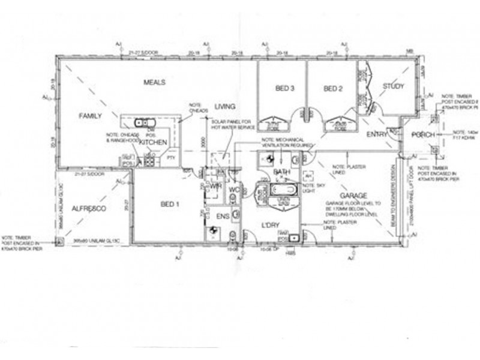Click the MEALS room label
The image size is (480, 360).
tap(154, 82)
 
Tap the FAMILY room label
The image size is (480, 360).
tap(91, 116)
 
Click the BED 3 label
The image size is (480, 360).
tap(284, 89)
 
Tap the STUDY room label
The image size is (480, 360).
tap(394, 86)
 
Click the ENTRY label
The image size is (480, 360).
tap(377, 134)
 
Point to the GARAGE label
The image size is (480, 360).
tap(354, 196)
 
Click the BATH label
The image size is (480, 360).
tap(282, 172)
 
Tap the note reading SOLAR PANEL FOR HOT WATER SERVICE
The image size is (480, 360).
tap(233, 125)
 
